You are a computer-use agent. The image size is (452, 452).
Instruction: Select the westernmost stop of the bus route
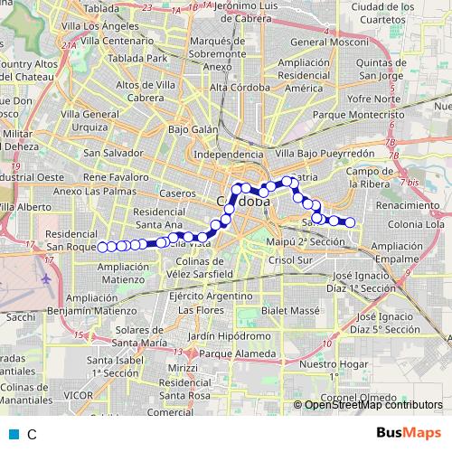(102, 247)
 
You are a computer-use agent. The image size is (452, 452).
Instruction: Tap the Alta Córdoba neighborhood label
(240, 88)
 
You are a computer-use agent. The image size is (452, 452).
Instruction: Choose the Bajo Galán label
(193, 129)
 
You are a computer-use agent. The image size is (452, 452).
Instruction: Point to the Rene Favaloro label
(115, 177)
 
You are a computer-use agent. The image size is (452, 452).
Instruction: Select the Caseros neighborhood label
(176, 193)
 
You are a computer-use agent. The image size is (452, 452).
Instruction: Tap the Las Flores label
(201, 310)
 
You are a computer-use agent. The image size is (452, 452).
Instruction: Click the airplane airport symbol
(44, 278)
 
